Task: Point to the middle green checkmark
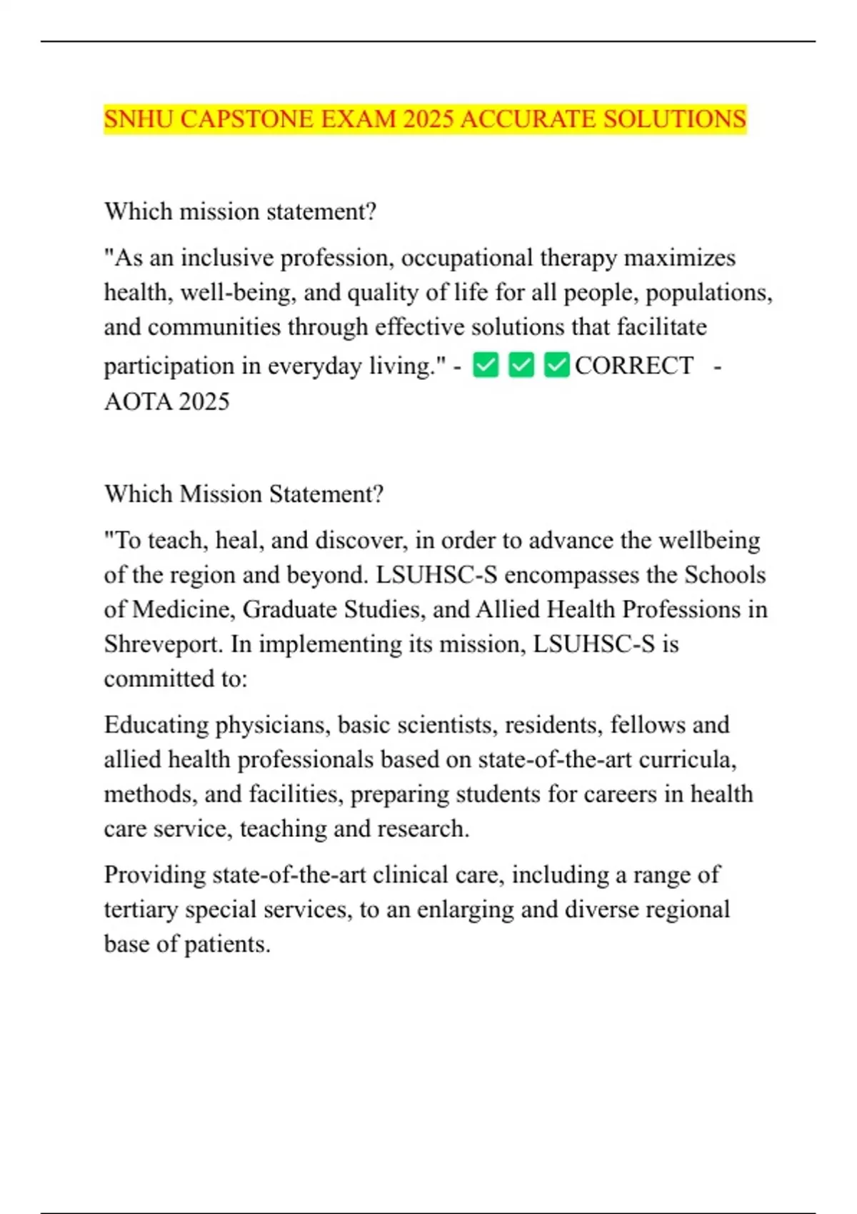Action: (x=521, y=366)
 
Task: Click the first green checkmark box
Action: (x=486, y=366)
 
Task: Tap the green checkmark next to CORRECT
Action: (x=556, y=366)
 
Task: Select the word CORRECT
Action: (x=633, y=366)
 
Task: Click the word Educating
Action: (x=156, y=725)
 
